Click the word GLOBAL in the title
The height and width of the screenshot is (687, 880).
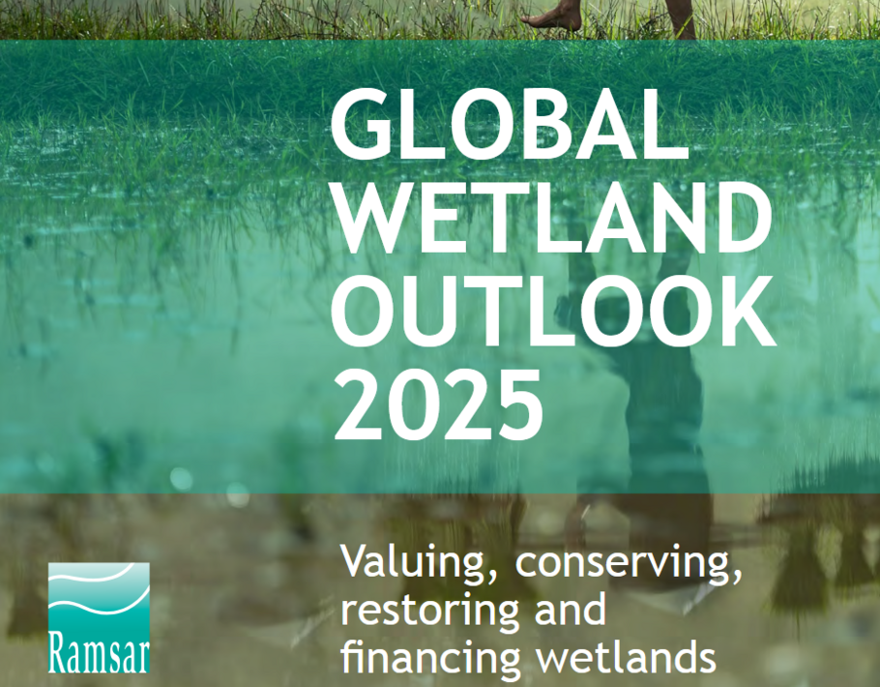click(509, 124)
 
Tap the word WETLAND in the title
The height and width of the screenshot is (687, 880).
click(554, 218)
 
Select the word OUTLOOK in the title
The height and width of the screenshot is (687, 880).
click(554, 312)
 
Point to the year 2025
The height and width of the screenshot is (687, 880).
click(438, 404)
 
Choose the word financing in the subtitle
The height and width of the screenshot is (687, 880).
click(431, 658)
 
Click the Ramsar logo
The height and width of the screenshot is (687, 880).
click(99, 618)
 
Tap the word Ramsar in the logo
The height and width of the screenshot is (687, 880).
click(99, 652)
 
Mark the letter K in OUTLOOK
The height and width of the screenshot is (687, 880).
click(746, 312)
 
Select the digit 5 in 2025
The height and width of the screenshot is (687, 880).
click(518, 405)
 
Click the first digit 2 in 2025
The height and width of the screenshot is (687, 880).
click(359, 404)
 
